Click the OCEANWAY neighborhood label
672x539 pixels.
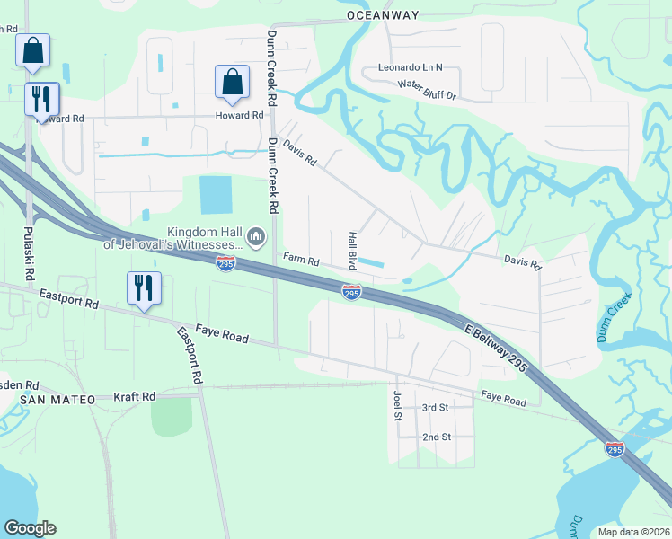(384, 15)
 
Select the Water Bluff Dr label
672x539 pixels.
(428, 91)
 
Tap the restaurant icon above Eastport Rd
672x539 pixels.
(144, 288)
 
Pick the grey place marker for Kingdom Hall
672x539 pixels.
(256, 237)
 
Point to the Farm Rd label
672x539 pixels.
(302, 260)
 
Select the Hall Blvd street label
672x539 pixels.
(352, 250)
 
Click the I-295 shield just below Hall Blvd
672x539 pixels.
(351, 293)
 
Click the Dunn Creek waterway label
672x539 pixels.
(615, 321)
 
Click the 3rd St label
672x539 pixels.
(435, 407)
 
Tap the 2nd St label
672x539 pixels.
(435, 437)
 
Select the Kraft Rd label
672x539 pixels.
(135, 396)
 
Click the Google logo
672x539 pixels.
(30, 528)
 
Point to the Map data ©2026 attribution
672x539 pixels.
(632, 532)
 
